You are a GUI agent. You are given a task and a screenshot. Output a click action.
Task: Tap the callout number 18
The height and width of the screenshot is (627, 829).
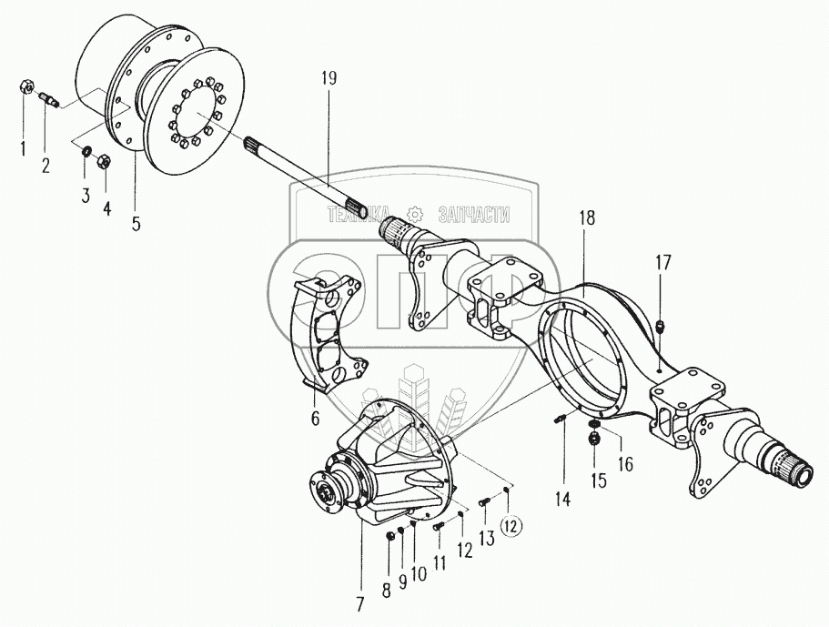pos(586,219)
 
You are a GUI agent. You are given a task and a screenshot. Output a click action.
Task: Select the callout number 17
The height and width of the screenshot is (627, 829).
pos(663,264)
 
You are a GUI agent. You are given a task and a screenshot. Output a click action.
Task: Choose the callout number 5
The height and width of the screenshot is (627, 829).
pos(136,223)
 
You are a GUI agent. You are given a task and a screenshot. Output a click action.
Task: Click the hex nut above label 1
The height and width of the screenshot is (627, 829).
pos(25,88)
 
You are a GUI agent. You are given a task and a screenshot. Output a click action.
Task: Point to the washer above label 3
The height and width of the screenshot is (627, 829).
pos(89,149)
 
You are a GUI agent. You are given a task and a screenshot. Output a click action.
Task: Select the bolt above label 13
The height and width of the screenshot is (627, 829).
pos(483,500)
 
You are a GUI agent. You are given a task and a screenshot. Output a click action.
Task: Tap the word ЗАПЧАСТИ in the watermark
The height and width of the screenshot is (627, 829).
pos(473,215)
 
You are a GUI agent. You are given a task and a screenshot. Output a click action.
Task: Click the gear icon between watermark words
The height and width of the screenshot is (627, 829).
pos(416,215)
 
